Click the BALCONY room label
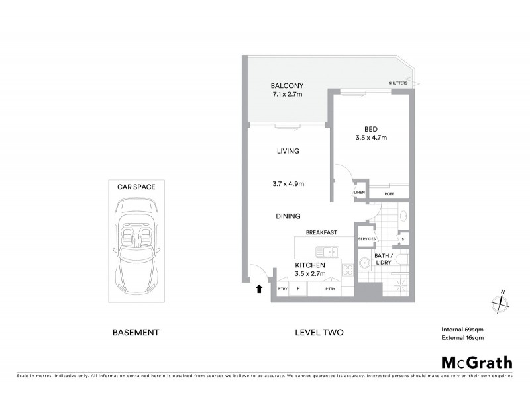pos(288,85)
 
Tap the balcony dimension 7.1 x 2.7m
pos(287,95)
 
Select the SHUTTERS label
pos(398,83)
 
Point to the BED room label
pos(371,128)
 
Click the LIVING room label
pos(288,151)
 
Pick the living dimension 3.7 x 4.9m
pos(288,183)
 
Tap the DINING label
pos(288,216)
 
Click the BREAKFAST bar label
pos(322,232)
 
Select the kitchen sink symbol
pos(327,251)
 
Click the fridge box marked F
pos(299,289)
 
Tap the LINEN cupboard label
pos(360,193)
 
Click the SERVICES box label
pos(367,239)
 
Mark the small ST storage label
pos(403,239)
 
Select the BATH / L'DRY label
pos(384,259)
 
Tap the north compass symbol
pos(499,303)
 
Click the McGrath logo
pos(477,362)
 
